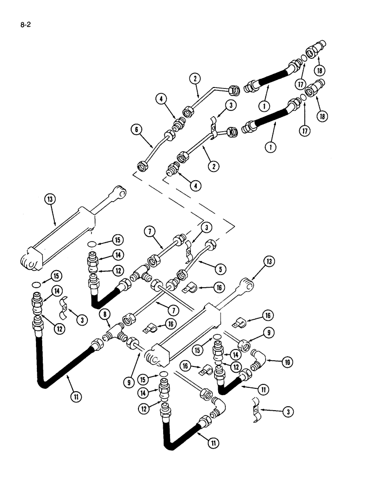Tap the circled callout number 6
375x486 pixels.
pos(136,129)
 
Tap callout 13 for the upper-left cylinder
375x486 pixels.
pos(49,199)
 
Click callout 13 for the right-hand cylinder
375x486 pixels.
pos(270,262)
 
